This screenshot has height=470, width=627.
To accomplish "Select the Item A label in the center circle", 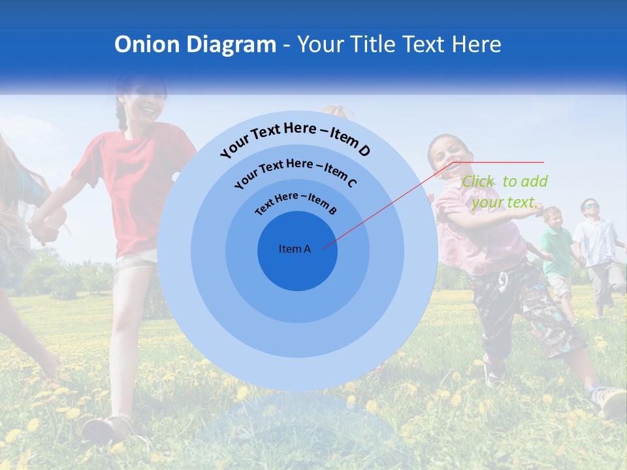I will pyautogui.click(x=295, y=249).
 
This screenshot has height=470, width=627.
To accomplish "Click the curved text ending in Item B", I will pyautogui.click(x=296, y=202).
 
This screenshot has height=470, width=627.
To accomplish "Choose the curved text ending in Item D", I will pyautogui.click(x=295, y=139).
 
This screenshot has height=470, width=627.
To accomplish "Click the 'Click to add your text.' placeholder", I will pyautogui.click(x=504, y=192).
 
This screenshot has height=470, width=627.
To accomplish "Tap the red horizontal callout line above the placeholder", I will pyautogui.click(x=500, y=162).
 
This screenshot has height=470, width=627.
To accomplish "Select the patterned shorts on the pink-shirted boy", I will pyautogui.click(x=522, y=307).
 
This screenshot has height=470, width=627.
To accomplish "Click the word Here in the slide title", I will pyautogui.click(x=474, y=44).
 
